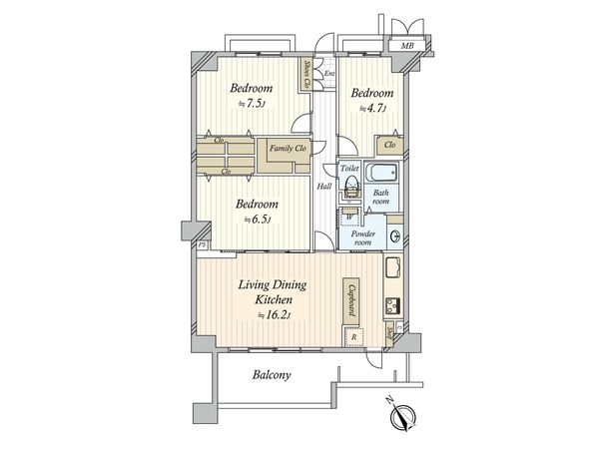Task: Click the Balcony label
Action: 271,376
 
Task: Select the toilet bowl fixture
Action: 350,186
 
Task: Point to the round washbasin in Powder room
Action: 395,236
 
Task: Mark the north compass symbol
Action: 400,420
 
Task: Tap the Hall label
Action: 324,187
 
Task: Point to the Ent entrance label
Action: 328,74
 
